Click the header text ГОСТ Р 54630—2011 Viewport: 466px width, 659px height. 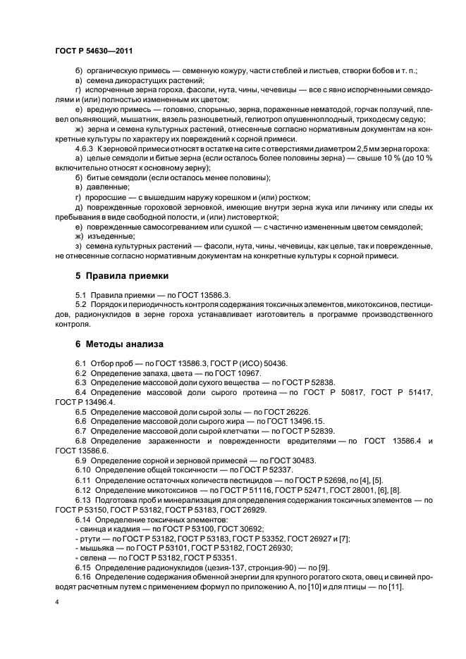click(93, 51)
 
